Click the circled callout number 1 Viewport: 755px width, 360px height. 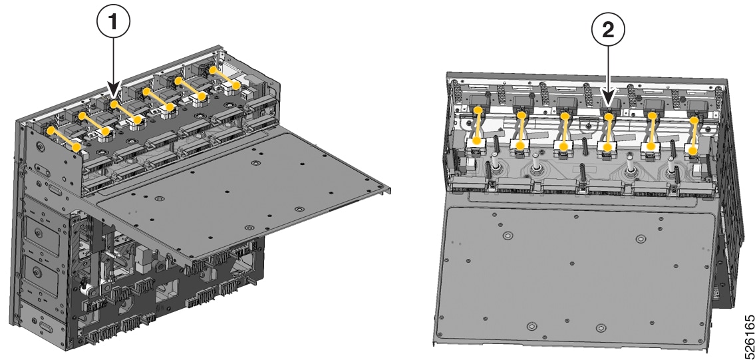pyautogui.click(x=113, y=22)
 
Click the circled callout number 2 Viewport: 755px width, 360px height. pyautogui.click(x=608, y=31)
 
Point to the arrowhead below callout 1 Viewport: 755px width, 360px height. pyautogui.click(x=113, y=90)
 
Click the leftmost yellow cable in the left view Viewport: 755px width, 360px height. pyautogui.click(x=64, y=138)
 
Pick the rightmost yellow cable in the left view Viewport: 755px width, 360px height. pyautogui.click(x=224, y=78)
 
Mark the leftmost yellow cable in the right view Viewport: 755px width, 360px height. pyautogui.click(x=477, y=125)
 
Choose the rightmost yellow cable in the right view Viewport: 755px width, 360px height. pyautogui.click(x=693, y=135)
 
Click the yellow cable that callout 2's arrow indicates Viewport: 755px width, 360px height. pyautogui.click(x=609, y=131)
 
